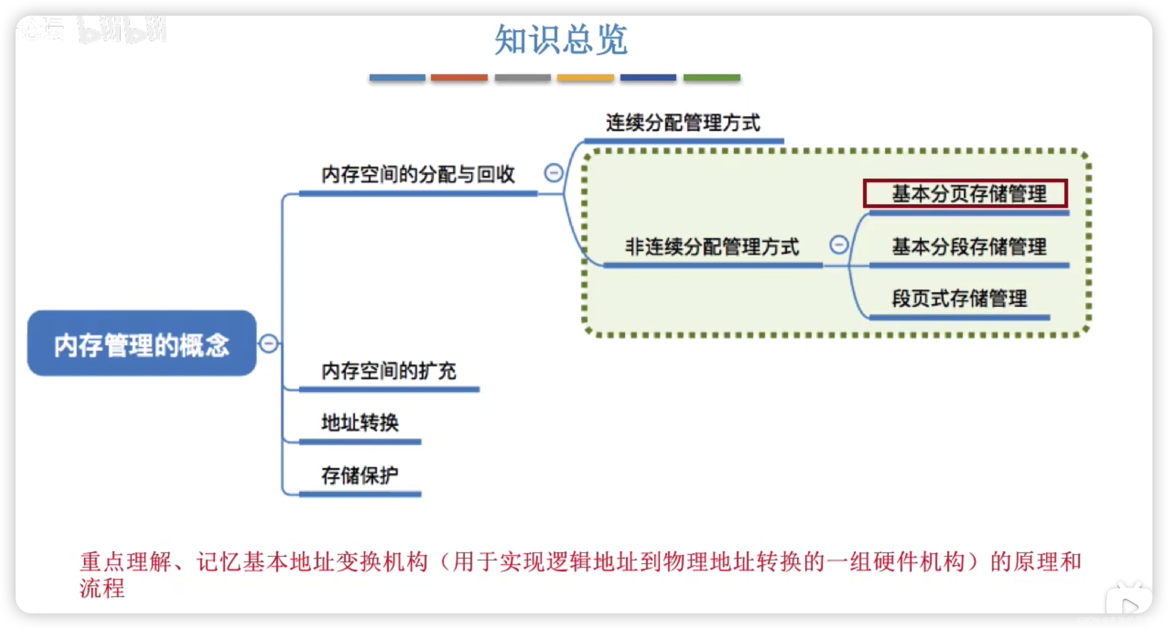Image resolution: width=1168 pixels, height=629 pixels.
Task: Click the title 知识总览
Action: click(x=561, y=40)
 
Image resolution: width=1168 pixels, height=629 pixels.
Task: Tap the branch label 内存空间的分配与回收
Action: click(x=418, y=174)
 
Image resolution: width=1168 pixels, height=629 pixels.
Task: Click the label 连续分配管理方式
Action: click(x=683, y=122)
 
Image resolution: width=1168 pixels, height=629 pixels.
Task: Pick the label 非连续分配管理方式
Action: click(x=712, y=247)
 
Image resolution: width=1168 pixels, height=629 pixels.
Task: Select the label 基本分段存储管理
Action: click(x=969, y=247)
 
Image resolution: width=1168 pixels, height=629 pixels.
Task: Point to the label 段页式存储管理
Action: click(x=960, y=298)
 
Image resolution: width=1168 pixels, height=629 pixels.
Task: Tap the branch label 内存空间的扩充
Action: click(x=389, y=371)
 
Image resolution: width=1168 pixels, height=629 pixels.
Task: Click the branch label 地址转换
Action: click(x=360, y=422)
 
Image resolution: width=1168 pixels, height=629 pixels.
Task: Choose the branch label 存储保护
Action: click(x=360, y=475)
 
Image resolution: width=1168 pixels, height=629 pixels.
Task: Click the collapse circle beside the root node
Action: click(x=268, y=343)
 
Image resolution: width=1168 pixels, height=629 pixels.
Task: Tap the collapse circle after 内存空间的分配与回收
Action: click(x=554, y=173)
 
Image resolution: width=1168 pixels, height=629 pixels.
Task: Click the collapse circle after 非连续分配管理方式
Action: click(x=839, y=245)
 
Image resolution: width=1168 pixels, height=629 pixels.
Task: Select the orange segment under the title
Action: click(x=459, y=78)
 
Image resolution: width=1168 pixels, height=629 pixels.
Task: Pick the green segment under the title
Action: click(x=711, y=78)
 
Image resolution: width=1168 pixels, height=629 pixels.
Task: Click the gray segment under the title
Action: click(x=522, y=78)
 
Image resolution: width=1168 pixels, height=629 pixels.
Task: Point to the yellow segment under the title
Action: click(x=585, y=78)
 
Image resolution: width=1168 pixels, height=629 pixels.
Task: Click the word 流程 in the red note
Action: click(x=102, y=588)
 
